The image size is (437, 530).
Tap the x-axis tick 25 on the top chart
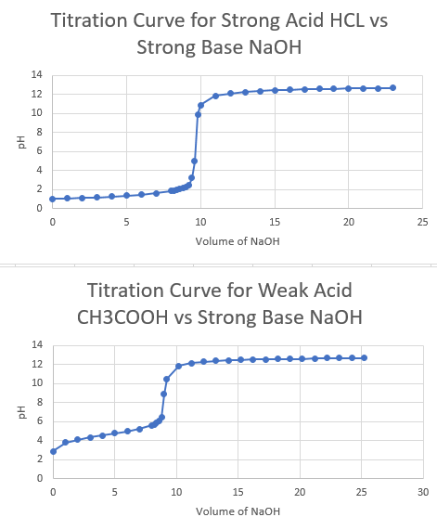point(422,223)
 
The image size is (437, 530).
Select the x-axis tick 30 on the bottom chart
point(423,492)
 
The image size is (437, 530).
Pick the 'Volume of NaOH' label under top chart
point(238,241)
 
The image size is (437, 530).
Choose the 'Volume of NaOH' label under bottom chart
point(238,511)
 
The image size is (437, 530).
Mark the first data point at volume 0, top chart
point(53,199)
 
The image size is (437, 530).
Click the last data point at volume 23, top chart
point(392,88)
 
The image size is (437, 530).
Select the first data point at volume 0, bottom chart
point(53,451)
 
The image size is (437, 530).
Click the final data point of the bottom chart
point(365,357)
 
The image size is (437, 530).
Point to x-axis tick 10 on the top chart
point(200,223)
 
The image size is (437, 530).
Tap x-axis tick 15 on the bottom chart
point(238,492)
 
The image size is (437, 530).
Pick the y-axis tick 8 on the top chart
point(39,132)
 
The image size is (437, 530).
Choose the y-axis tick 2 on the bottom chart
point(39,459)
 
